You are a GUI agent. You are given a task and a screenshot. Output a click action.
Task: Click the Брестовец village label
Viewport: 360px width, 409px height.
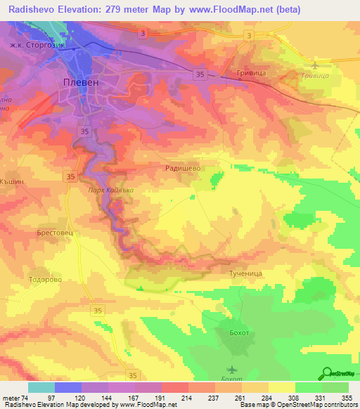point(55,231)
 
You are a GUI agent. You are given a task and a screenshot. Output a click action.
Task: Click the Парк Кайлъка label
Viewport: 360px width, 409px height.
point(110,190)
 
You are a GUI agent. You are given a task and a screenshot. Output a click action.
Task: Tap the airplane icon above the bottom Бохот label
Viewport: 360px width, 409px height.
point(233,369)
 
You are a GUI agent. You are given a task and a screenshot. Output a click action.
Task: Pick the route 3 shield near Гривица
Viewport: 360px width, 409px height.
point(250,34)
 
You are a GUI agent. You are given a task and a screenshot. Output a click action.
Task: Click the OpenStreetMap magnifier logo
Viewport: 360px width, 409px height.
point(326,374)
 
